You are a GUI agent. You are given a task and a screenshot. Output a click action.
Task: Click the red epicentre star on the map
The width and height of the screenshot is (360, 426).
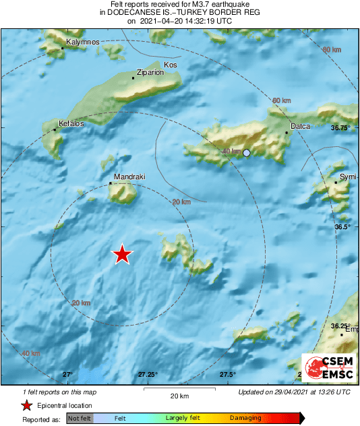click(122, 254)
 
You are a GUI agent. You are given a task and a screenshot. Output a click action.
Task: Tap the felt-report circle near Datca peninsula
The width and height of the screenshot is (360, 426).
click(247, 153)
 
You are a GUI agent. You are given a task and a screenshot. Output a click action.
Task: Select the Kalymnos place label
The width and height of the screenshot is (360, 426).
click(83, 42)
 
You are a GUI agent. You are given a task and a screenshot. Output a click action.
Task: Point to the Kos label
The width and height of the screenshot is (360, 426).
click(171, 65)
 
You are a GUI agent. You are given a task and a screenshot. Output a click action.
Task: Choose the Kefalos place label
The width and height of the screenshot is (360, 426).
click(71, 123)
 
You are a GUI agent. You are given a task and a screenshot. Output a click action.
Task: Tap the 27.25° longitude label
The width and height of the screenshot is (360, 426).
click(148, 374)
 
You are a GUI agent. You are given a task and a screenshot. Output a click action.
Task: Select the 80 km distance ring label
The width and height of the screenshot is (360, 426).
click(332, 50)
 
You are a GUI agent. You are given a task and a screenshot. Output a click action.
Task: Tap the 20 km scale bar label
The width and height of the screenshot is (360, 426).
click(179, 395)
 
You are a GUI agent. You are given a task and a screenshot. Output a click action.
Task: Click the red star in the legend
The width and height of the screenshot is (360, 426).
click(26, 405)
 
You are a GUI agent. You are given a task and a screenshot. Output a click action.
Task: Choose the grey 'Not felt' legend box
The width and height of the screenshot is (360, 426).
click(80, 419)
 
